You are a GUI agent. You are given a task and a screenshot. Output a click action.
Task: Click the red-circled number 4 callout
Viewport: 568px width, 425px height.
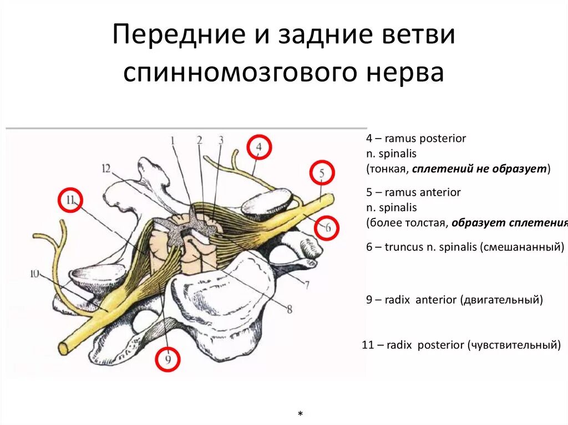point(259,147)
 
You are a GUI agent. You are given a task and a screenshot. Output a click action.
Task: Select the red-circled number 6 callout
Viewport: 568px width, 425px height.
point(327,227)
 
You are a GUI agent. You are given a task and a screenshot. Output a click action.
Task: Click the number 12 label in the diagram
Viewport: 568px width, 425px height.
point(106,168)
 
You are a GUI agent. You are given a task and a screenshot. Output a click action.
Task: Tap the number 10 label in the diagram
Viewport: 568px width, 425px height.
point(35,273)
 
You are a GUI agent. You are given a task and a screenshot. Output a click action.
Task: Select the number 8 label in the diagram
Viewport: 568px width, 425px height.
point(289,309)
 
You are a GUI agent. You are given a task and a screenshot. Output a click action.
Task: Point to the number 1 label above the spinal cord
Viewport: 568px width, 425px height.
point(173,141)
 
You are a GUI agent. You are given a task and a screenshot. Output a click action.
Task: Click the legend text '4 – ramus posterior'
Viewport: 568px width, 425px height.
point(416,139)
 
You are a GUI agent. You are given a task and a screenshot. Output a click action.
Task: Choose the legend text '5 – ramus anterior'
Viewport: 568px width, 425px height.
point(413,192)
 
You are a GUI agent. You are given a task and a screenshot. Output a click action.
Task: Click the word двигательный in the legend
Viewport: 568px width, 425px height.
point(501,300)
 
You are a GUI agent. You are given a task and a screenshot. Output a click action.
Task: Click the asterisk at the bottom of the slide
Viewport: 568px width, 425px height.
point(300,415)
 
